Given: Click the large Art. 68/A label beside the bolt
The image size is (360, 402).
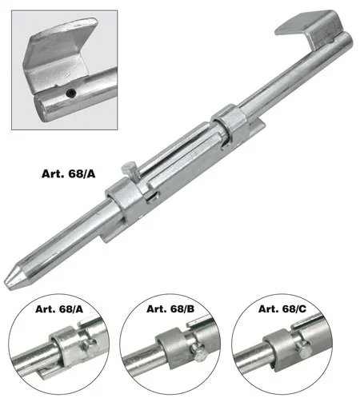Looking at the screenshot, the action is click(68, 174).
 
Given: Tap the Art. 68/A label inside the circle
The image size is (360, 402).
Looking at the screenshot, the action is click(59, 309).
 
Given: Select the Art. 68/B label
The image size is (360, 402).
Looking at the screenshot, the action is click(170, 308).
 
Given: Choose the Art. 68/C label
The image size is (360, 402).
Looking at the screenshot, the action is click(282, 308).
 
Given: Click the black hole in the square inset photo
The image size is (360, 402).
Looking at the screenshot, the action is click(71, 94).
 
